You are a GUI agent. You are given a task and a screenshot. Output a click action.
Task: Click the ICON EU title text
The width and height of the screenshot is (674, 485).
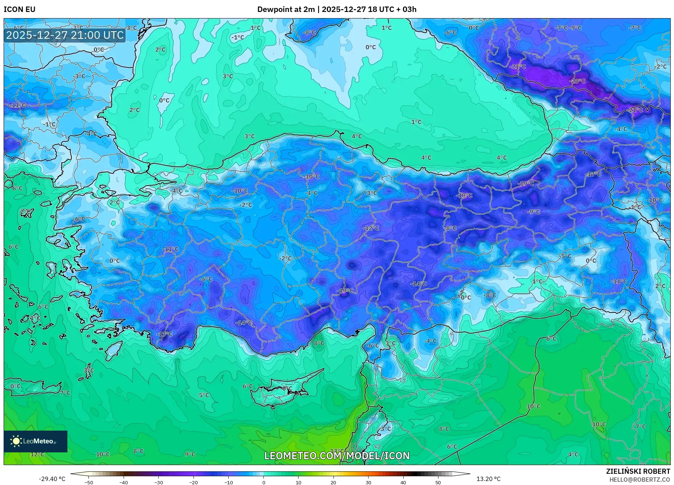[x=20, y=9]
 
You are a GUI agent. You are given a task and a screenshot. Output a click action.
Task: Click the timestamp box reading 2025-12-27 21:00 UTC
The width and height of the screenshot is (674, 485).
[x=65, y=35]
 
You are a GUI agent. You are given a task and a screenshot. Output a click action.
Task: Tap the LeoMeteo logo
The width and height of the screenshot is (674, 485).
[x=35, y=441]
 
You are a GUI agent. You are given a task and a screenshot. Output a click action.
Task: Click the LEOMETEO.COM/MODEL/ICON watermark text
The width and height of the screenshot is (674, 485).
[x=337, y=456]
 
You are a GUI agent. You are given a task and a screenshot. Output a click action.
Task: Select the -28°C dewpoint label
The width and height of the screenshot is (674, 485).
[x=578, y=81]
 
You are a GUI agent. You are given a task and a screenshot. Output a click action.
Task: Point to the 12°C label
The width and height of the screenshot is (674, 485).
[x=37, y=454]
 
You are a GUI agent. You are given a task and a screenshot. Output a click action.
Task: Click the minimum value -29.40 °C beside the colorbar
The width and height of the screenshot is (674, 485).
[x=52, y=479]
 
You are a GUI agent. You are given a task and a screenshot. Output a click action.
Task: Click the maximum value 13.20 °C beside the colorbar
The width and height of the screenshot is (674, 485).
[x=488, y=479]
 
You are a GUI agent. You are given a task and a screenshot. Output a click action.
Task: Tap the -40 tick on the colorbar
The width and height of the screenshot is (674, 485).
[x=124, y=482]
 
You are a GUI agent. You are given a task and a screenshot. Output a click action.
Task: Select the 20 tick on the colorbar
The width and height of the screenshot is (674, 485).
[x=333, y=482]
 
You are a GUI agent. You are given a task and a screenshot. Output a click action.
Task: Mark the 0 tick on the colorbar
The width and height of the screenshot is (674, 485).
[x=263, y=482]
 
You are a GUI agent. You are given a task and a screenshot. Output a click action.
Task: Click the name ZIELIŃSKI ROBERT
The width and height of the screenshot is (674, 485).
[x=638, y=471]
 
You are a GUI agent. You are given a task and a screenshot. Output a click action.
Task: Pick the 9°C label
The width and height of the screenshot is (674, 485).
[x=190, y=454]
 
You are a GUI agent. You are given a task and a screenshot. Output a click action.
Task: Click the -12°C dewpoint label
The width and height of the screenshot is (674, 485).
[x=371, y=228]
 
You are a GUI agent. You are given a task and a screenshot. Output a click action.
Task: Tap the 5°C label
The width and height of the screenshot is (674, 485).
[x=204, y=395]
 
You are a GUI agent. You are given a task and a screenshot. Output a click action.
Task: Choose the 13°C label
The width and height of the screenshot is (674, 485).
[x=337, y=451]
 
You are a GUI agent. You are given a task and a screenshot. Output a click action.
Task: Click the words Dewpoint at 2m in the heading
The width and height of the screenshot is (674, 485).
[x=286, y=9]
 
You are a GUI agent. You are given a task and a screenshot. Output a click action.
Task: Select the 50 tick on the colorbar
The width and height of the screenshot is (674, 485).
[x=438, y=482]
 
